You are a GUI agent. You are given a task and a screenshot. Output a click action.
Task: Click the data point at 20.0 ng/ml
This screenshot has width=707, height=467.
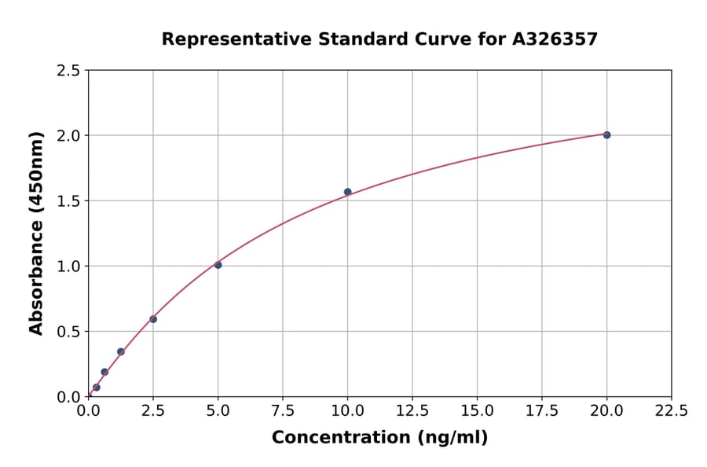606,135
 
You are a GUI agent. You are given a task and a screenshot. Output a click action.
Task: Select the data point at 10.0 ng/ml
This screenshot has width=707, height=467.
347,192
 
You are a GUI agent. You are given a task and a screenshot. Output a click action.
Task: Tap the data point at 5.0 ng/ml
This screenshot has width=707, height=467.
218,265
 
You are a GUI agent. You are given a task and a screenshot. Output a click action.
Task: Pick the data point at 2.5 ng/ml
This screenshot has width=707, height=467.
153,319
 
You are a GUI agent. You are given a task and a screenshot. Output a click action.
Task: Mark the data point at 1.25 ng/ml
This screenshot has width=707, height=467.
121,351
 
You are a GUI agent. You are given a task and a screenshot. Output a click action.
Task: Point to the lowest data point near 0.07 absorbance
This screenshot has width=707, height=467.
97,388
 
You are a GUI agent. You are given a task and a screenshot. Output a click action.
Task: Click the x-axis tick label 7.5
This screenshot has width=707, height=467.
283,410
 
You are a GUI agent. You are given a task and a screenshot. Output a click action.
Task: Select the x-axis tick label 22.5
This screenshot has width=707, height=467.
671,410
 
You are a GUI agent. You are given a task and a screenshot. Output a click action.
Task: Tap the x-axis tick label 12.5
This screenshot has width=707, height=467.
412,410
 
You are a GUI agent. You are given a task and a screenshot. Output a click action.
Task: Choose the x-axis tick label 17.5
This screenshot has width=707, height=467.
541,410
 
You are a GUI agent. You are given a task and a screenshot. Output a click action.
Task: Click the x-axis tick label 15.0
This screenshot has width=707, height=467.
477,410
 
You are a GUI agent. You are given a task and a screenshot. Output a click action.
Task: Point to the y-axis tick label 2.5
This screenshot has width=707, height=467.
68,71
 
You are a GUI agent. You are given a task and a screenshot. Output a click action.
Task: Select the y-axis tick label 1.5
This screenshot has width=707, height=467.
68,201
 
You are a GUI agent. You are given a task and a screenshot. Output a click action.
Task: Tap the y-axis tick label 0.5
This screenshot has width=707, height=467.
68,332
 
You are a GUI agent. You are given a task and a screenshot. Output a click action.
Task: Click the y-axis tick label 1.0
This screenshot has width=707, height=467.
68,267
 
